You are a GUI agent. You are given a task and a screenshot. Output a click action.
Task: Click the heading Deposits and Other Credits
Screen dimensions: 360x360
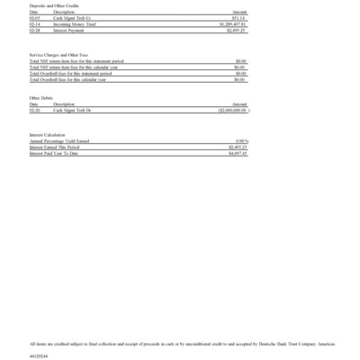(x=50, y=6)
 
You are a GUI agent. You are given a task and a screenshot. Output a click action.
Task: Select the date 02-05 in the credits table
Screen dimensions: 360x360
(x=34, y=17)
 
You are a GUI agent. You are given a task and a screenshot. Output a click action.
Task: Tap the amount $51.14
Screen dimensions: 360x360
(x=238, y=17)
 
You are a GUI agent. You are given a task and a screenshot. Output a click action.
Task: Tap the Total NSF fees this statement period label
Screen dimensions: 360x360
(x=76, y=61)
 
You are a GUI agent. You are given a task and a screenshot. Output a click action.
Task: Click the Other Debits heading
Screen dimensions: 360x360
(x=41, y=98)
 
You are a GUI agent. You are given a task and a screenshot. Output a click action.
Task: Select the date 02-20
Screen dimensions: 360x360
(x=34, y=110)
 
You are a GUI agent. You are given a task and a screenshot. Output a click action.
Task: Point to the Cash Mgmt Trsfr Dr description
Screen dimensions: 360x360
(x=71, y=110)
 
